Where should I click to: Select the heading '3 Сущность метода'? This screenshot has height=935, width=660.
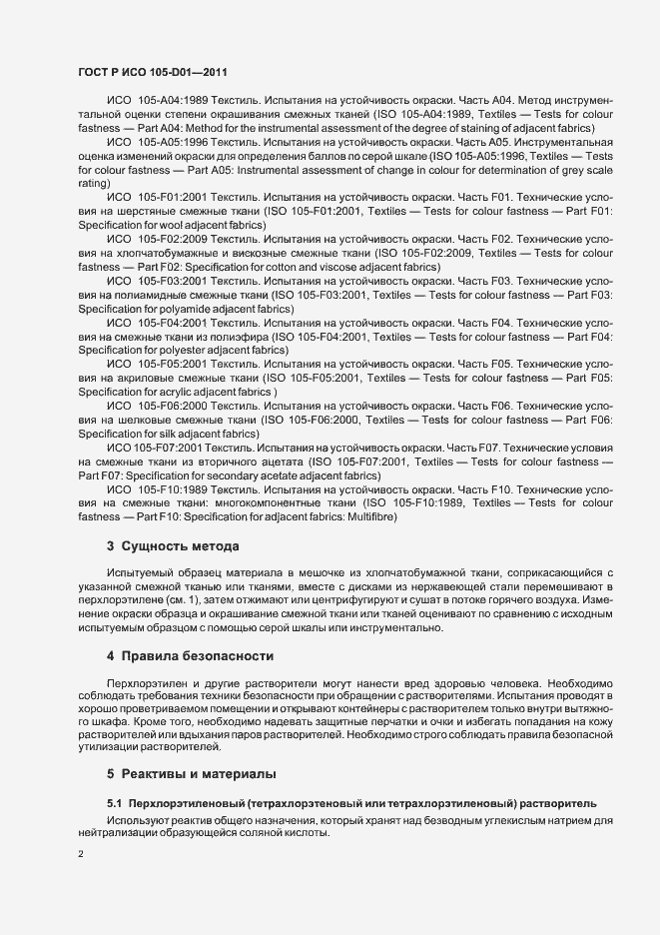pos(172,545)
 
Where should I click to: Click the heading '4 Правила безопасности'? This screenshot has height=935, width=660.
pos(190,655)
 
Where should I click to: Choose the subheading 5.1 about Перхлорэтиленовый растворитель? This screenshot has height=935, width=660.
pos(351,802)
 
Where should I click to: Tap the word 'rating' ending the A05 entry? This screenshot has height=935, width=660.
pos(93,184)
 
